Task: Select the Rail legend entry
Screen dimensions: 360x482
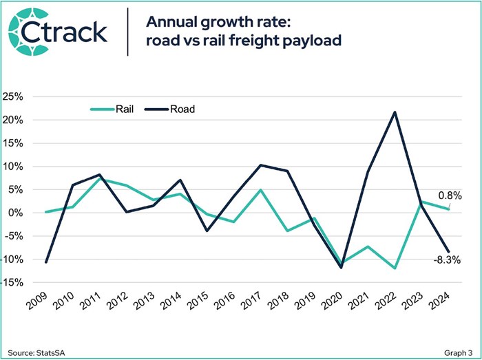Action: pos(127,108)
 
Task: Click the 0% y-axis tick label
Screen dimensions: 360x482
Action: pos(18,213)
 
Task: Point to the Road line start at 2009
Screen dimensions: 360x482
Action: pos(46,262)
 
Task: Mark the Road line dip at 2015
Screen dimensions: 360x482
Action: pos(207,231)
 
